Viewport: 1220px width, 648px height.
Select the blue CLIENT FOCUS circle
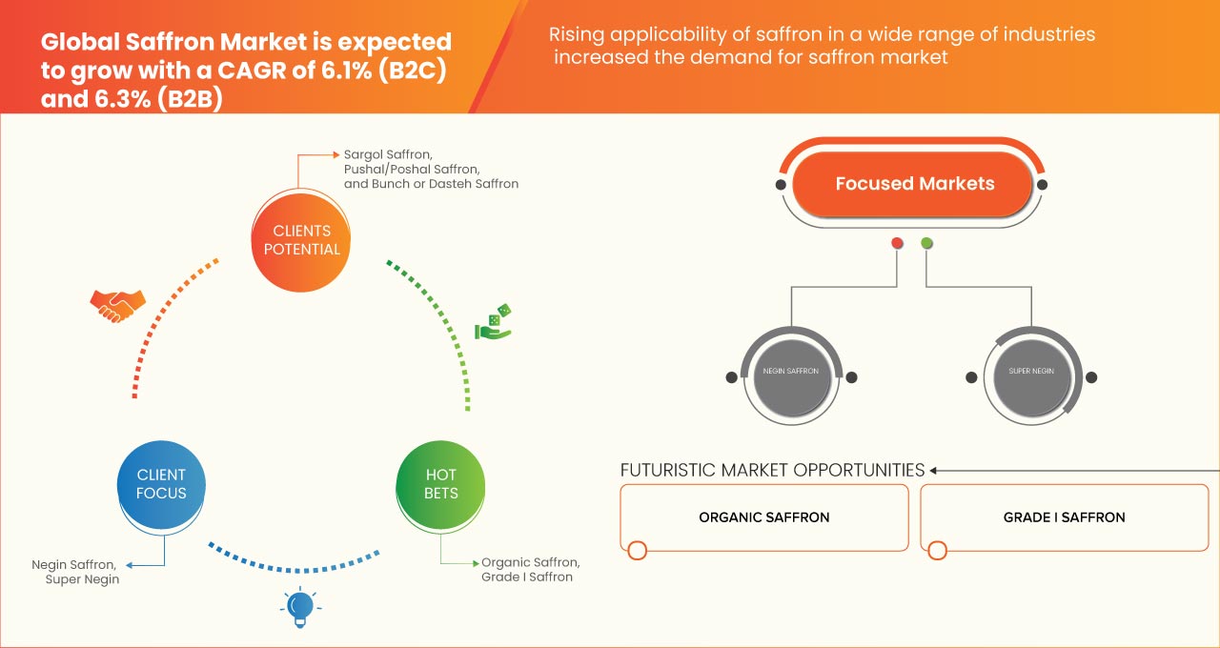pyautogui.click(x=162, y=484)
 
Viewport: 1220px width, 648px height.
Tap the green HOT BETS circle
pyautogui.click(x=440, y=484)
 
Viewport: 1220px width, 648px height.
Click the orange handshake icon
pyautogui.click(x=117, y=304)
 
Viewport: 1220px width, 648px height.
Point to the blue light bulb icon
pyautogui.click(x=300, y=607)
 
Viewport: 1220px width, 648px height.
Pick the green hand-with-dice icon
pyautogui.click(x=494, y=322)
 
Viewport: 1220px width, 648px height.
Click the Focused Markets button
pyautogui.click(x=914, y=184)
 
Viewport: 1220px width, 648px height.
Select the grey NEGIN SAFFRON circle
pyautogui.click(x=791, y=371)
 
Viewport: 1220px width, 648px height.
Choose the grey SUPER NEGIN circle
pyautogui.click(x=1030, y=371)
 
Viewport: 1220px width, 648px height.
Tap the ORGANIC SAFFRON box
pyautogui.click(x=763, y=517)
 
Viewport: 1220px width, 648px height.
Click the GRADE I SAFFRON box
pyautogui.click(x=1064, y=517)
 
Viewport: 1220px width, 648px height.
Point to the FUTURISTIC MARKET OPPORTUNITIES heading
pyautogui.click(x=772, y=470)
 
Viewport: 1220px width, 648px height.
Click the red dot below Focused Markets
pyautogui.click(x=897, y=244)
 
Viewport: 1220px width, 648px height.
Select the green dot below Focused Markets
pyautogui.click(x=926, y=244)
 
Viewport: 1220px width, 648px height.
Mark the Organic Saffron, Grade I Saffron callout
pyautogui.click(x=530, y=570)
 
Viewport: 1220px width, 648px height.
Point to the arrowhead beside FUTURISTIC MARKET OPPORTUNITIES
pyautogui.click(x=935, y=470)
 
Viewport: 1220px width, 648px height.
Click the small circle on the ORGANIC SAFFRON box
pyautogui.click(x=638, y=550)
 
